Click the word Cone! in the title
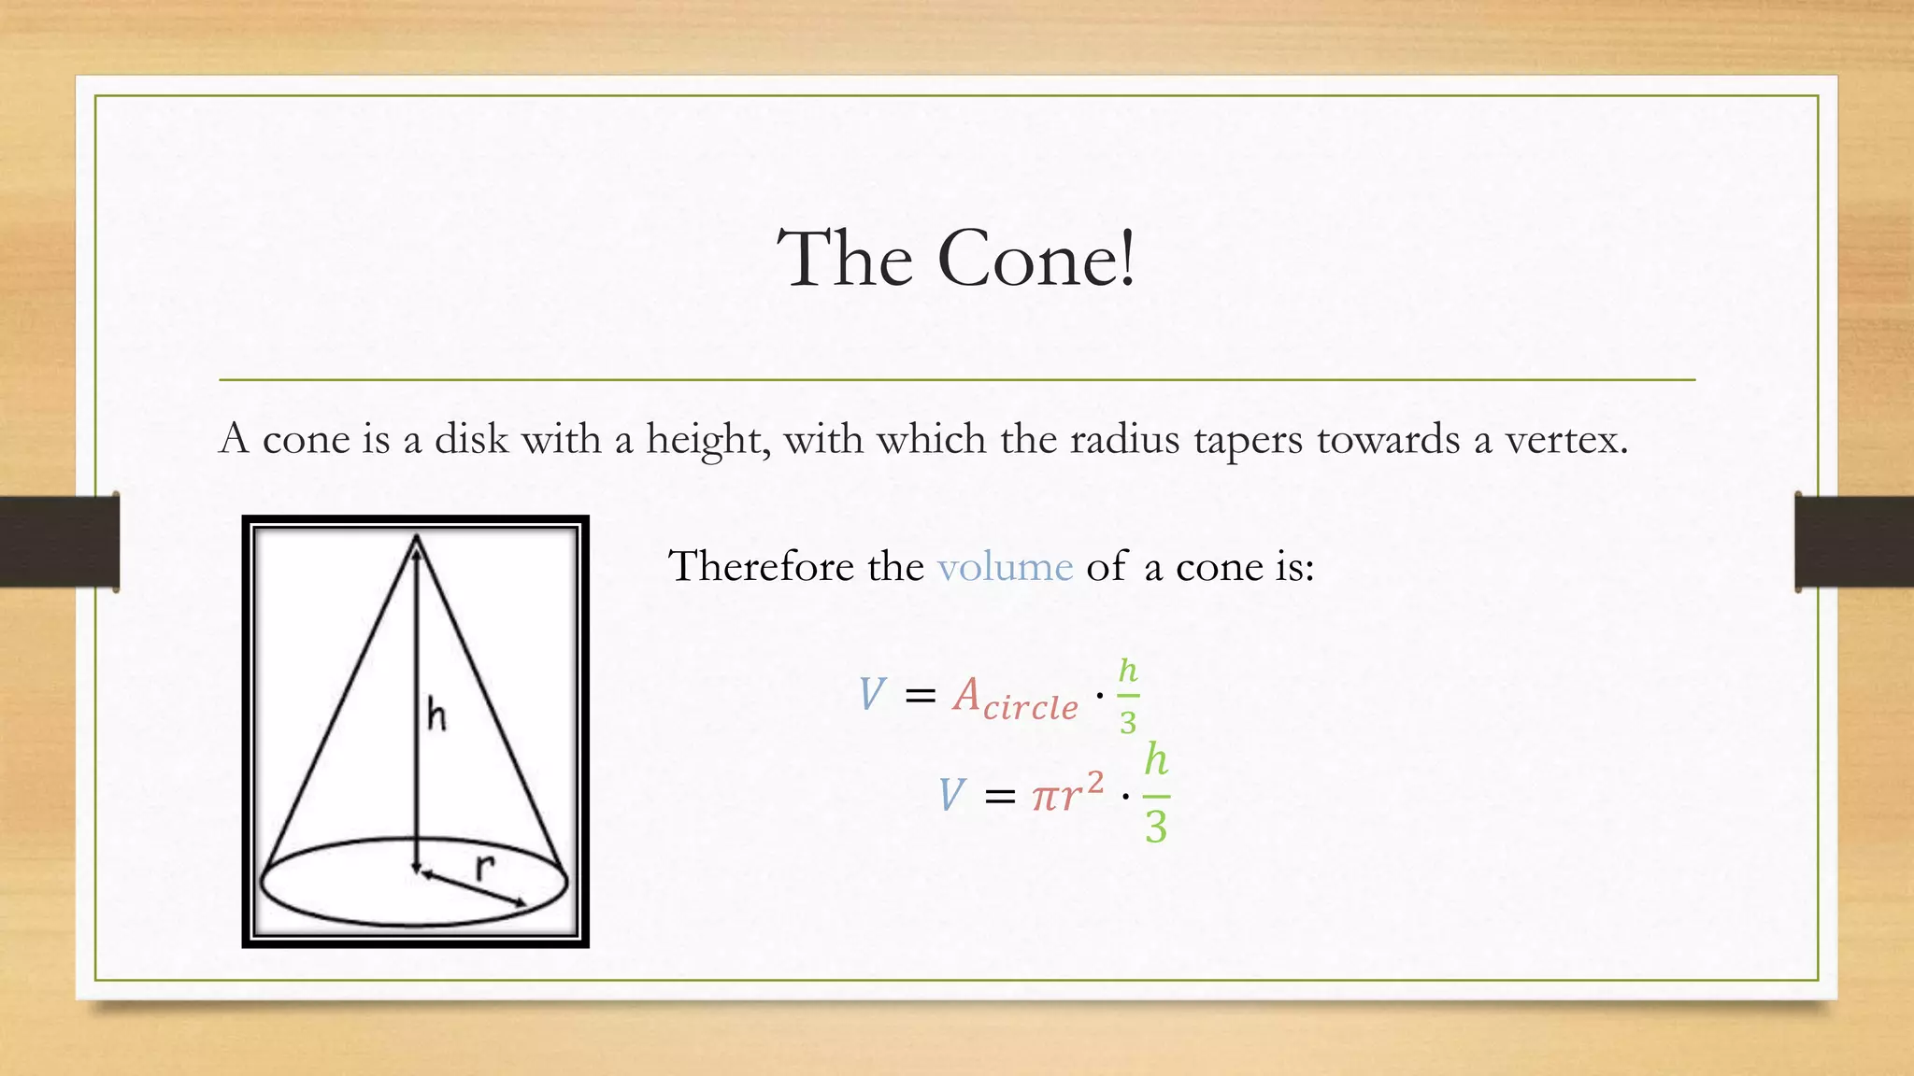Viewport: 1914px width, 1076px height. (x=1036, y=259)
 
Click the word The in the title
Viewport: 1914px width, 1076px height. (x=845, y=259)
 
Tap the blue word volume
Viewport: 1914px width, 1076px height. (x=1005, y=567)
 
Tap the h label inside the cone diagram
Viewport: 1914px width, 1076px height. (x=436, y=715)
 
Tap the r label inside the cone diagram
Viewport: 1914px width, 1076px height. (x=483, y=867)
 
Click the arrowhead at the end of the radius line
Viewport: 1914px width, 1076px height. (x=519, y=902)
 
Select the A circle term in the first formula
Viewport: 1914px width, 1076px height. (x=1015, y=699)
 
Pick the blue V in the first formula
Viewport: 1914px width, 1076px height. (x=871, y=695)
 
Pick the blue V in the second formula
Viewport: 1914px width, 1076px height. (x=950, y=796)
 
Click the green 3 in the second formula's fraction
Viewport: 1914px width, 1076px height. (x=1156, y=828)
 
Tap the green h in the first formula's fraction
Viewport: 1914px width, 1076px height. (x=1128, y=671)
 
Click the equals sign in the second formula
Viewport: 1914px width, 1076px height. (x=999, y=797)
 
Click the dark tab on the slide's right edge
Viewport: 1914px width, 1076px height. (x=1854, y=542)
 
